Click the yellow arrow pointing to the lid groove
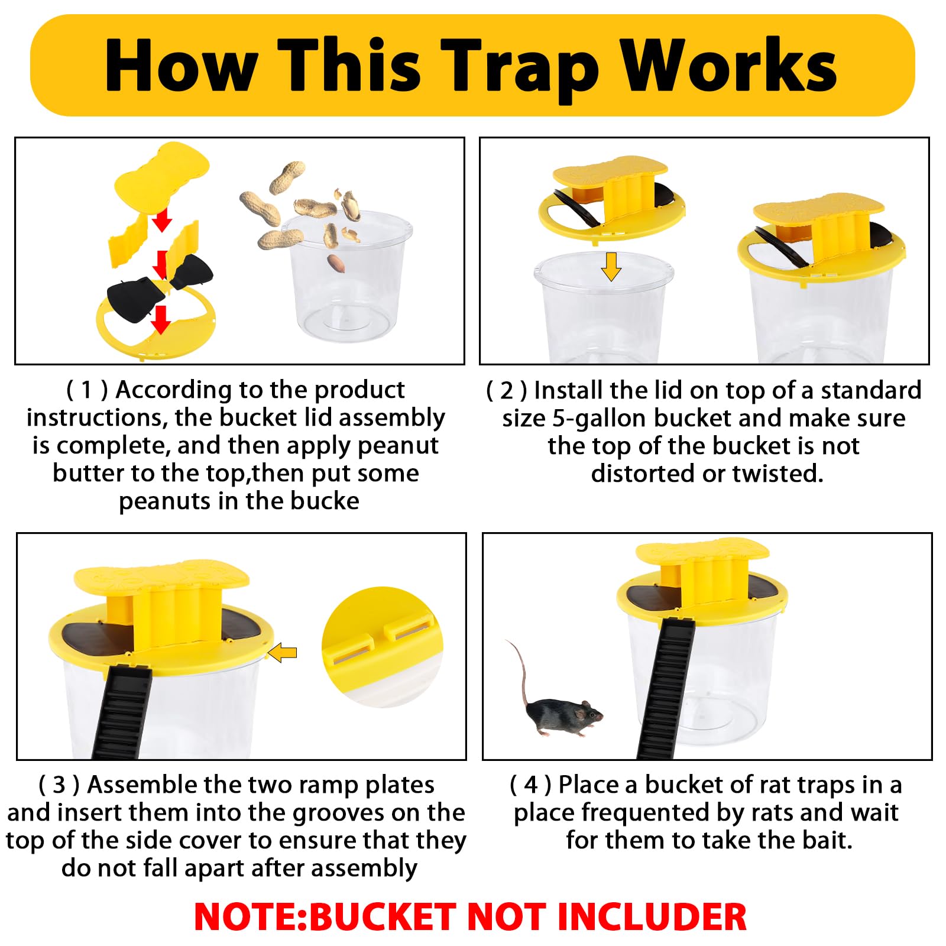coord(283,653)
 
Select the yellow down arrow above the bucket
coord(611,266)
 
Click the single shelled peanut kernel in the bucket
coord(336,263)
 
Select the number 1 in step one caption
coord(87,390)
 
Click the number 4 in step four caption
coord(531,785)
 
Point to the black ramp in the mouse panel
coord(668,686)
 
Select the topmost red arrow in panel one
coord(161,221)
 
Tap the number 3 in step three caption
coord(59,785)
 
